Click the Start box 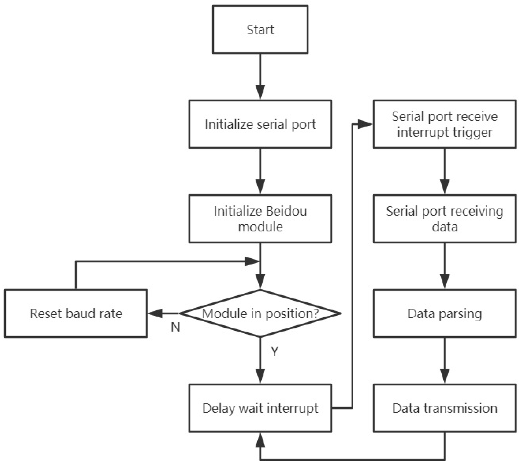[x=260, y=30]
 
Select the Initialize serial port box [x=260, y=124]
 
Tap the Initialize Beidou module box [x=260, y=218]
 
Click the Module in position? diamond [x=260, y=313]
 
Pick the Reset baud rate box [x=76, y=313]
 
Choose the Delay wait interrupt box [x=260, y=408]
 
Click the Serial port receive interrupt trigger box [x=444, y=124]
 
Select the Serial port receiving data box [x=444, y=218]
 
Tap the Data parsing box [x=444, y=313]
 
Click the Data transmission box [x=444, y=408]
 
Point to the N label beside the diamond [x=175, y=327]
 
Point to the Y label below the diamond [x=275, y=352]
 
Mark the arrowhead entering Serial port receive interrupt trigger [x=365, y=124]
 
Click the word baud [x=79, y=313]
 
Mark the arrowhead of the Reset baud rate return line [x=252, y=261]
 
